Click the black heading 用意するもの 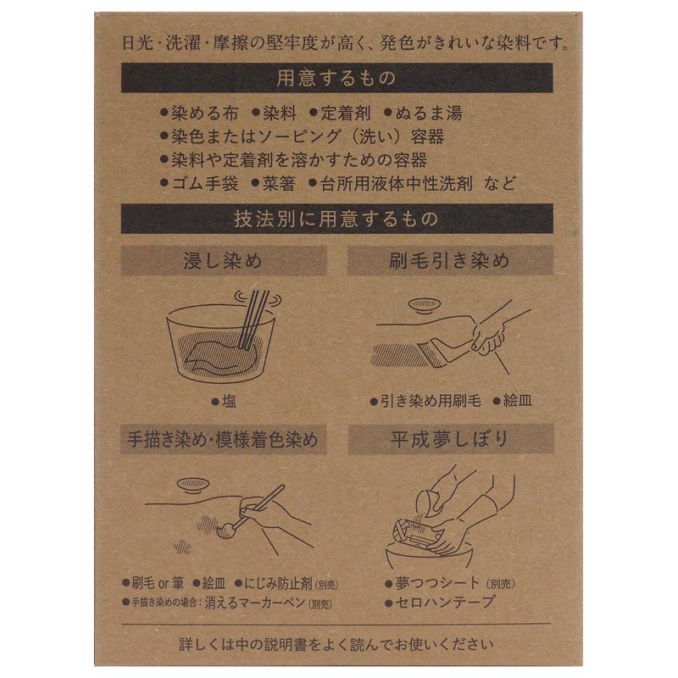[336, 78]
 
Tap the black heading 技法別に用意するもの [336, 219]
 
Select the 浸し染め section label [224, 261]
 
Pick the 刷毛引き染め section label [450, 260]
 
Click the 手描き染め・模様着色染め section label [223, 439]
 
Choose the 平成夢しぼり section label [451, 439]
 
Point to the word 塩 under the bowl [229, 401]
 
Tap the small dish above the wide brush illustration [425, 305]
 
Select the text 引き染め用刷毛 [431, 401]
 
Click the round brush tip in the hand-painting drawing [226, 531]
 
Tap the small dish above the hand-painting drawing [193, 485]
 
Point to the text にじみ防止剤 [278, 584]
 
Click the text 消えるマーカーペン [255, 603]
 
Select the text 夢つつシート [437, 583]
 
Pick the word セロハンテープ [444, 603]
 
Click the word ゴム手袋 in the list [205, 184]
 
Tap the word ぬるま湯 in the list [429, 114]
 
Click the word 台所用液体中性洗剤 [396, 184]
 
